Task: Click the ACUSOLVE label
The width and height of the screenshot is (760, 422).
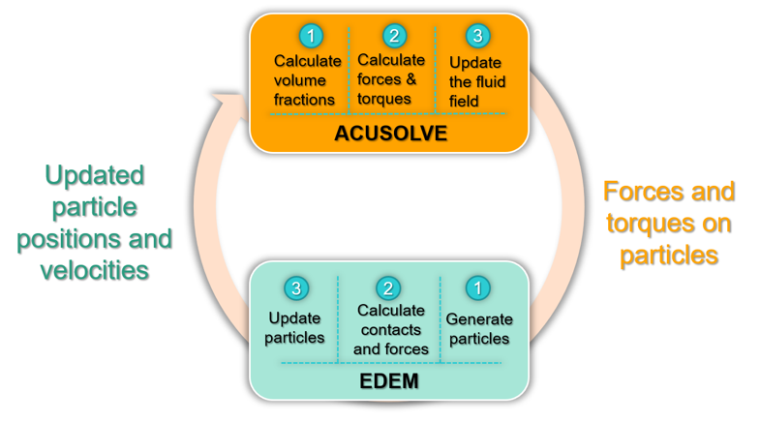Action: pos(390,133)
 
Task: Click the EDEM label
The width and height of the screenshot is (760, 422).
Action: pos(390,380)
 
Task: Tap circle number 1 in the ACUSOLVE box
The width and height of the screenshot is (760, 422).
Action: pos(310,37)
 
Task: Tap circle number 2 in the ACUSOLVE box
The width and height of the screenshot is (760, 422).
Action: pos(393,37)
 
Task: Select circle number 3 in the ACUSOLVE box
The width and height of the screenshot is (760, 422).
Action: pos(476,37)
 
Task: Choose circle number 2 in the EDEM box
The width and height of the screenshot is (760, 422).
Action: pos(389,288)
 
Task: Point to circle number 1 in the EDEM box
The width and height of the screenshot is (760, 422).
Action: pos(477,288)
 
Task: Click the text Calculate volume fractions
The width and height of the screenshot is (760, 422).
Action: pos(308,80)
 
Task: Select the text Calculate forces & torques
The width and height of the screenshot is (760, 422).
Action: pos(391,79)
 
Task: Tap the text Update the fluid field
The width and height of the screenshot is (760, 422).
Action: pos(476,81)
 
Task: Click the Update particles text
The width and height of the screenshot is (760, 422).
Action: pos(295,328)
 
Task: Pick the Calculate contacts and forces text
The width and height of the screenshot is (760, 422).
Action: pos(390,329)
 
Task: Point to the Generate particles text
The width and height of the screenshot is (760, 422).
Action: pos(479,329)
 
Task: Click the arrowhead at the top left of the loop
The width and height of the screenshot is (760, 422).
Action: pos(226,96)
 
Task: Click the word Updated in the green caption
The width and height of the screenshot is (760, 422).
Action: pos(94,176)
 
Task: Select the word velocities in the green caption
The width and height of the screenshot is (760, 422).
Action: pos(94,269)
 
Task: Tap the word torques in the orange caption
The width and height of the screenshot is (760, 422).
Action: pos(641,224)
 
